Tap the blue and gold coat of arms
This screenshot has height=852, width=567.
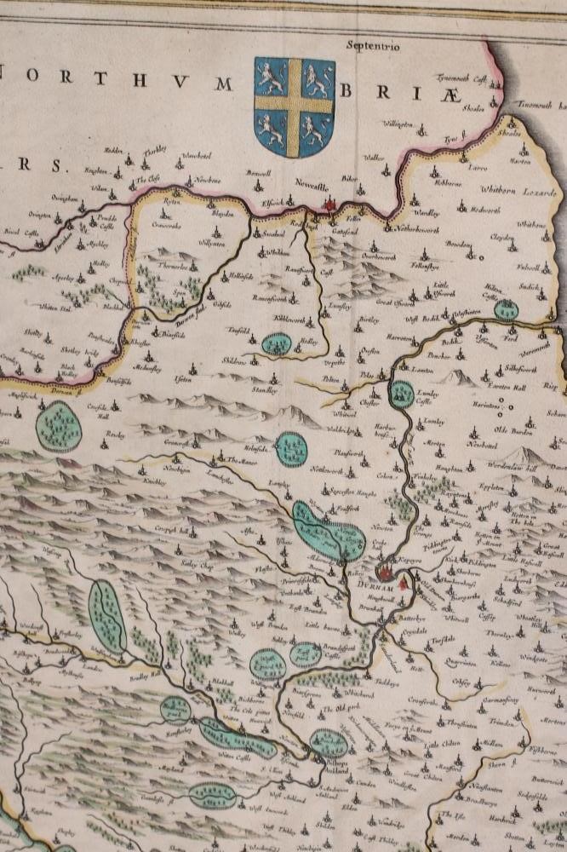tap(295, 106)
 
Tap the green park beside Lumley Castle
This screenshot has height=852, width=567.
tap(401, 394)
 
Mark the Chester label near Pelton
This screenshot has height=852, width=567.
tap(371, 394)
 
